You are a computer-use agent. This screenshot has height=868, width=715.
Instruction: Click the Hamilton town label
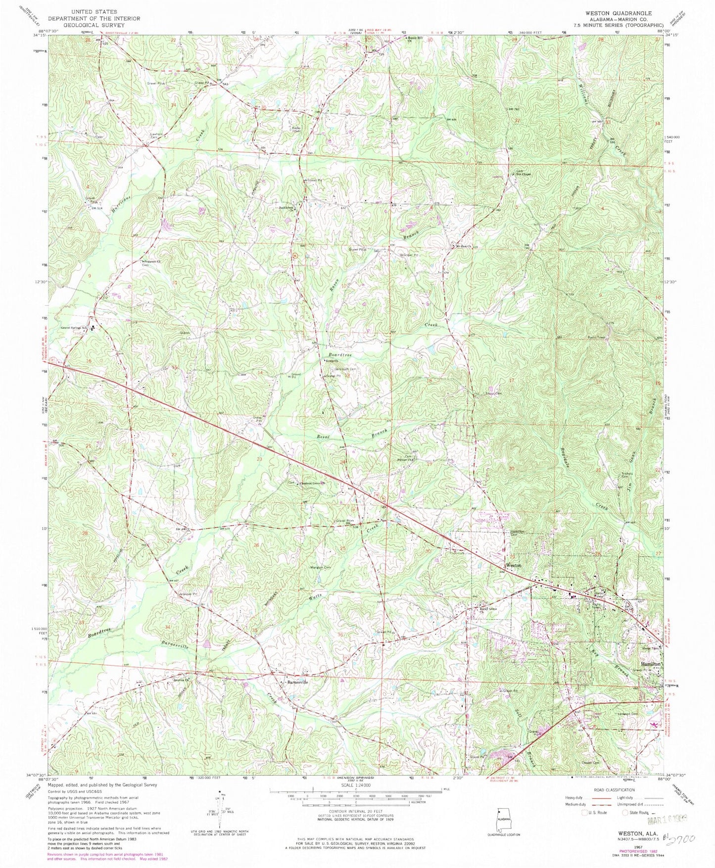[x=650, y=664]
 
